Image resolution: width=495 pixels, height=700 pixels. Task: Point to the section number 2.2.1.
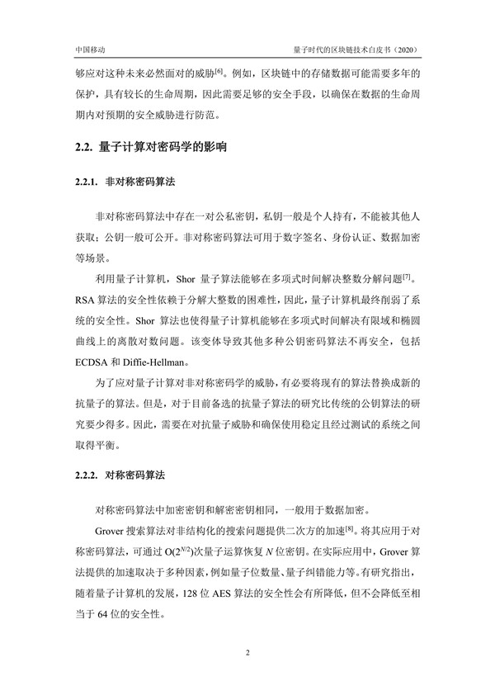(x=86, y=181)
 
